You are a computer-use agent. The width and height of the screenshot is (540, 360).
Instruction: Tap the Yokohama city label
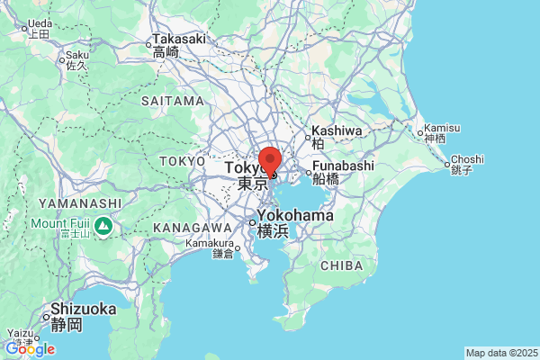click(294, 217)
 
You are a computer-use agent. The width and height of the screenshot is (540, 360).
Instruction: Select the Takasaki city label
click(179, 40)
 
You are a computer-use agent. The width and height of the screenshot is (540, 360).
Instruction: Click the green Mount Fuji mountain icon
click(105, 224)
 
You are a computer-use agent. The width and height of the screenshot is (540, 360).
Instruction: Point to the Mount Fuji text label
click(62, 223)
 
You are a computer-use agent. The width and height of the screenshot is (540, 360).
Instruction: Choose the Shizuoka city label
click(83, 310)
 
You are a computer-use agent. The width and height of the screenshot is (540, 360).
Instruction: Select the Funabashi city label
click(344, 166)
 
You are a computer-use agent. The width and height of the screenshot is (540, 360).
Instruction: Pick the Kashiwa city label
click(337, 131)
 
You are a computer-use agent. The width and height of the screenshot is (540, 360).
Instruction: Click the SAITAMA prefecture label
click(172, 101)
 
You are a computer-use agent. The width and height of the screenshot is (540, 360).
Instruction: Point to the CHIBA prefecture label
click(341, 265)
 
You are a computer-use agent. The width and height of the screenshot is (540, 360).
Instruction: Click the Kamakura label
click(210, 243)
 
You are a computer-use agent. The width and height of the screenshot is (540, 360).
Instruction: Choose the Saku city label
click(76, 55)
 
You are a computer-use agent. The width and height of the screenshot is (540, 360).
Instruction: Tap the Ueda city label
click(39, 24)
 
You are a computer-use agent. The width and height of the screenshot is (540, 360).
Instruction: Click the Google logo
click(29, 349)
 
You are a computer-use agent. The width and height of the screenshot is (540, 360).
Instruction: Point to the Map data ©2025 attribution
click(501, 353)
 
